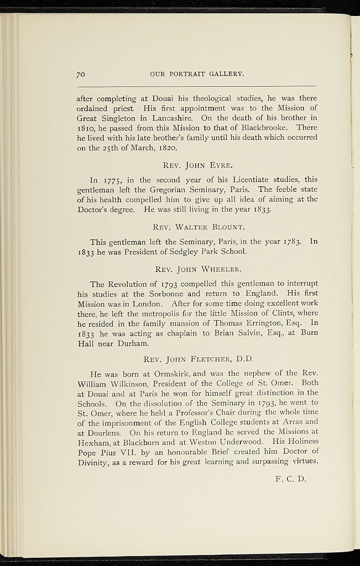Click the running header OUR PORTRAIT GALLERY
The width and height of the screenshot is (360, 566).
(x=197, y=74)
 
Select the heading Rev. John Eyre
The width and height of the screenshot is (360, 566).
(x=197, y=165)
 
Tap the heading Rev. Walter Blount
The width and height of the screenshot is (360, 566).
(x=197, y=226)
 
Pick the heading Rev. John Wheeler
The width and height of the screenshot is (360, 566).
(x=197, y=269)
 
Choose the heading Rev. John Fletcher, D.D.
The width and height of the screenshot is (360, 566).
(x=197, y=359)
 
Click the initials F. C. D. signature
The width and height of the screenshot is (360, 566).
(x=290, y=479)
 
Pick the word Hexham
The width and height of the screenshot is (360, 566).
(x=95, y=442)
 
